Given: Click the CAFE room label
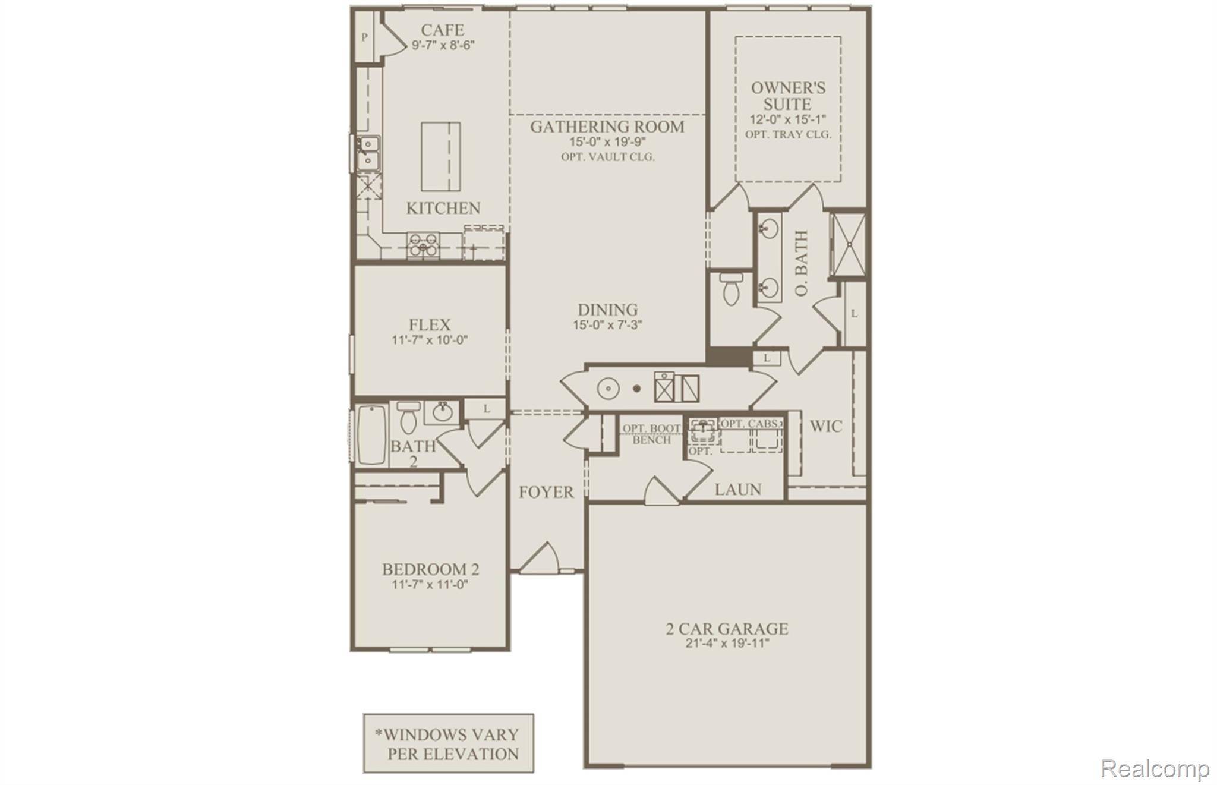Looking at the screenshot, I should [442, 30].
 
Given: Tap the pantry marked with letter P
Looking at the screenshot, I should [364, 37].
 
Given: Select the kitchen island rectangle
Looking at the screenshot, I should [441, 156].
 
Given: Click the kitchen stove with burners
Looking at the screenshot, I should [423, 245].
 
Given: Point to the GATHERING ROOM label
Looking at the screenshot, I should [607, 127].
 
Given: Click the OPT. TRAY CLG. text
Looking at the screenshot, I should [788, 134].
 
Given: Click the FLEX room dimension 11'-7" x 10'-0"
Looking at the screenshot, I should [430, 341].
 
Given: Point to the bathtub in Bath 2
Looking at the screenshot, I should [372, 435].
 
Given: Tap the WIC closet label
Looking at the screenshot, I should [825, 426].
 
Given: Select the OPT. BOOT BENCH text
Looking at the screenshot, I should [651, 434].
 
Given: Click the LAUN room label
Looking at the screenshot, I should [737, 489].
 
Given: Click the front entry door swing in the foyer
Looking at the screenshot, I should [540, 559].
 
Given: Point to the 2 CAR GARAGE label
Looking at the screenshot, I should [727, 629].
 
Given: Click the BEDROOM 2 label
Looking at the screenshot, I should [430, 569].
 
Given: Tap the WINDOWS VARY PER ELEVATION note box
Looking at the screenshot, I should [449, 743].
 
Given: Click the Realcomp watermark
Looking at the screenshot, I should [1155, 768].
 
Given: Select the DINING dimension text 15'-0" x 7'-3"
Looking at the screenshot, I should [607, 325].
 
